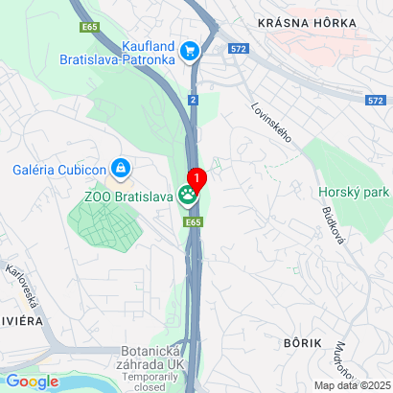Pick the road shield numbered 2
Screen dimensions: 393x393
[193, 100]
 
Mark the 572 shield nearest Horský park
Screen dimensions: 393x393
[377, 99]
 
